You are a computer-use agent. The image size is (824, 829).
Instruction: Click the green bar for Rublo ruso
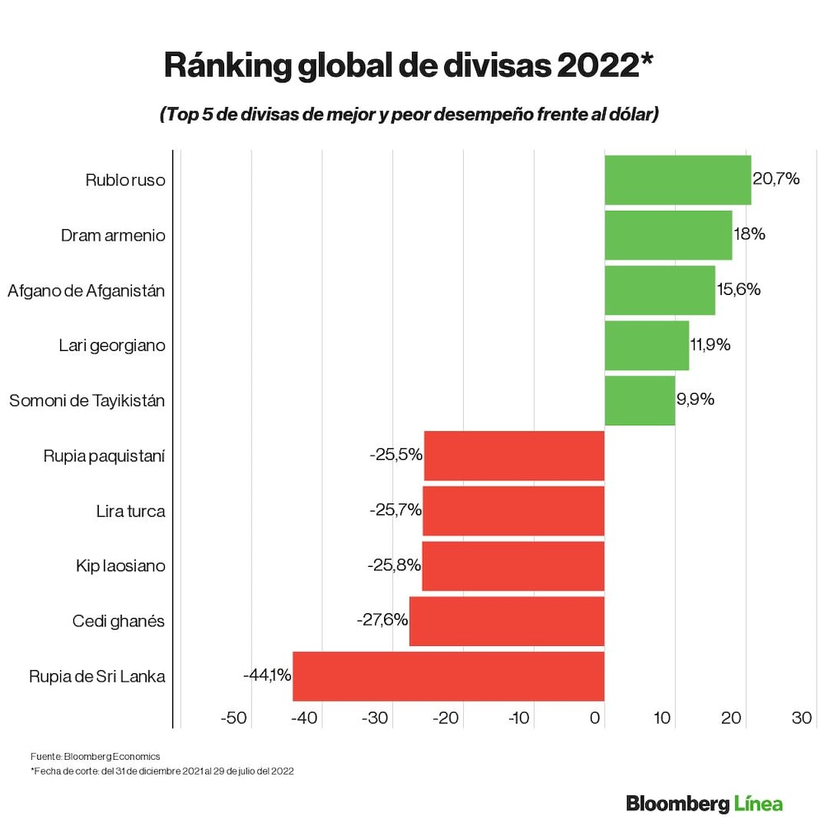coord(677,180)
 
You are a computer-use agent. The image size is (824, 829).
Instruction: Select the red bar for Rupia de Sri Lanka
coord(448,676)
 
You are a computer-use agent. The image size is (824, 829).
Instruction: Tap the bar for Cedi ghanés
coord(507,621)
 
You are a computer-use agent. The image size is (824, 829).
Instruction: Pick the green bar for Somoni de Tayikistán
coord(639,400)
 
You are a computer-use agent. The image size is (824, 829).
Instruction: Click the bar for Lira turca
coord(513,511)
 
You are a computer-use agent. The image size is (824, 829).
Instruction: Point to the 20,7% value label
coord(776,179)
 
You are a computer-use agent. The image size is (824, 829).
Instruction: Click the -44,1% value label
coord(267,675)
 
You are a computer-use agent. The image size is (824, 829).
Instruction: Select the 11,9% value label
coord(710,344)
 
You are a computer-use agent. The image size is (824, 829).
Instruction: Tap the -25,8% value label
coord(394,565)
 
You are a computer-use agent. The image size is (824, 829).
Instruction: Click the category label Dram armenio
coord(113,236)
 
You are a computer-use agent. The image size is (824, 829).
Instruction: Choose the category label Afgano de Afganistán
coord(87,290)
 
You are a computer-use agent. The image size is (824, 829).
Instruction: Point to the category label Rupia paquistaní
coord(104,456)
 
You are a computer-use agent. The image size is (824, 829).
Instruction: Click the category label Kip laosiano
coord(120,566)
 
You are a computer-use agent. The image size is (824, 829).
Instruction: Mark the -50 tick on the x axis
coord(234,718)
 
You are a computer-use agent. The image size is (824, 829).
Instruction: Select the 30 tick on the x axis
coord(802,718)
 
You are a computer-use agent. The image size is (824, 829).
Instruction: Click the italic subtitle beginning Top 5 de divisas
coord(409,115)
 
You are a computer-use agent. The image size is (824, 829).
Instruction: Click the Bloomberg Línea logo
coord(704,803)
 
